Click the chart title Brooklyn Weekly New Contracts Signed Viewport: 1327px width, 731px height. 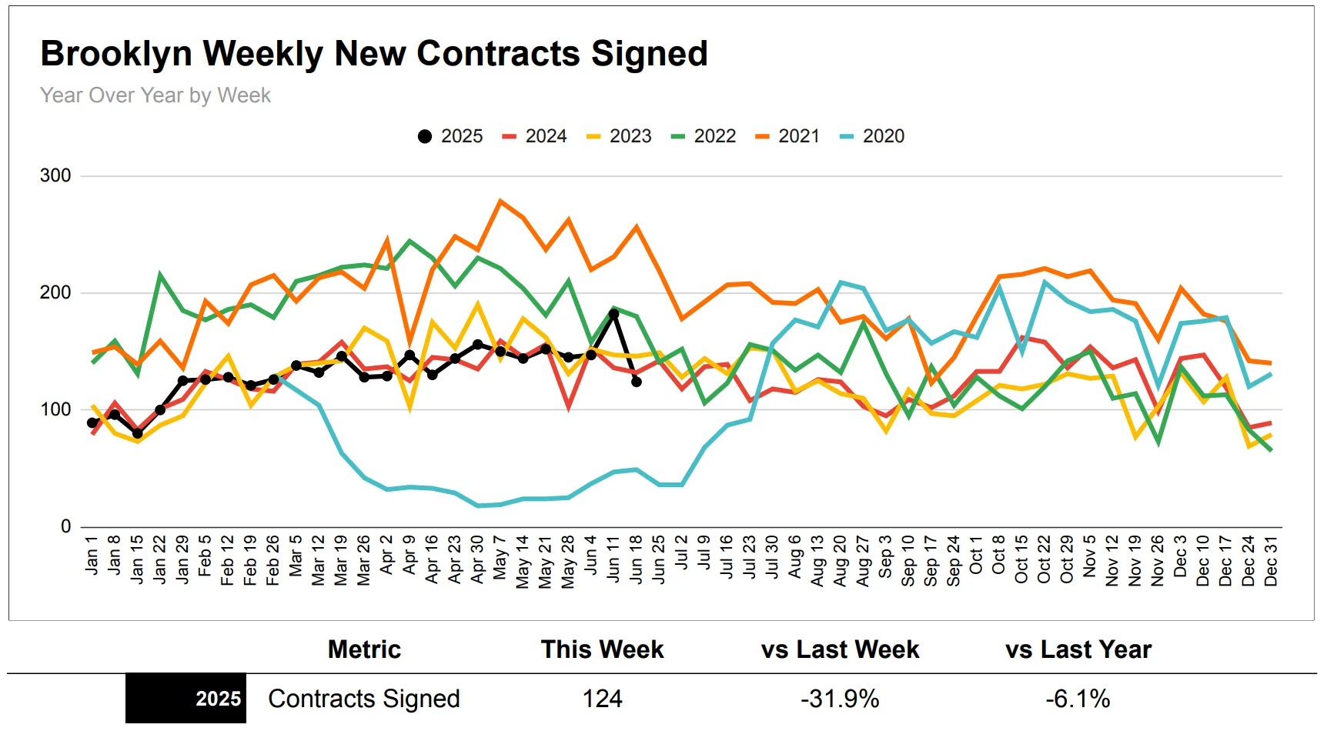pyautogui.click(x=373, y=54)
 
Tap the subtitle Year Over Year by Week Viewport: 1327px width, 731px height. pyautogui.click(x=155, y=95)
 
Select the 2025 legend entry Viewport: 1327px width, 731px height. pyautogui.click(x=450, y=136)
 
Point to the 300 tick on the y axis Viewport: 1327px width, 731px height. pyautogui.click(x=55, y=175)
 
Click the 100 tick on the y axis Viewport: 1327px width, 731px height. pyautogui.click(x=55, y=409)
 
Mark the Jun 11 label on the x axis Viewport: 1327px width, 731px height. pyautogui.click(x=613, y=559)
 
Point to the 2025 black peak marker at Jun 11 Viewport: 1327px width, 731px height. pyautogui.click(x=613, y=314)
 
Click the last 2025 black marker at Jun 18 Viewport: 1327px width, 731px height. pyautogui.click(x=637, y=382)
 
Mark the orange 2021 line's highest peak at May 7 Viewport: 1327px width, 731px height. pyautogui.click(x=500, y=202)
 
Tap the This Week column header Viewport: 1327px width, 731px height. pyautogui.click(x=602, y=649)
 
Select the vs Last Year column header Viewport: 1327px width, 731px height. pyautogui.click(x=1078, y=649)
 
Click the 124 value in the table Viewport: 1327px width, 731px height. pyautogui.click(x=602, y=699)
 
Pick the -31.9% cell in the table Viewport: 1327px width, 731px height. pyautogui.click(x=840, y=699)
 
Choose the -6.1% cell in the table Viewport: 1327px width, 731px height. pyautogui.click(x=1078, y=699)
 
